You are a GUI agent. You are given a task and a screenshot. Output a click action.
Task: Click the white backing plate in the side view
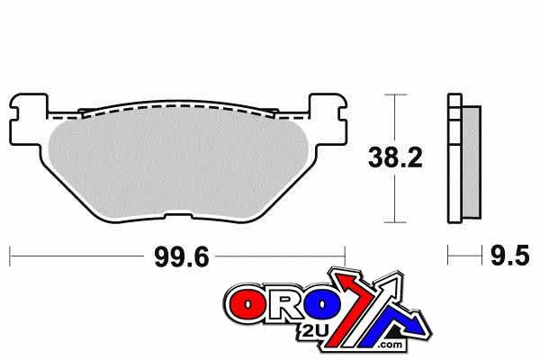click(452, 162)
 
